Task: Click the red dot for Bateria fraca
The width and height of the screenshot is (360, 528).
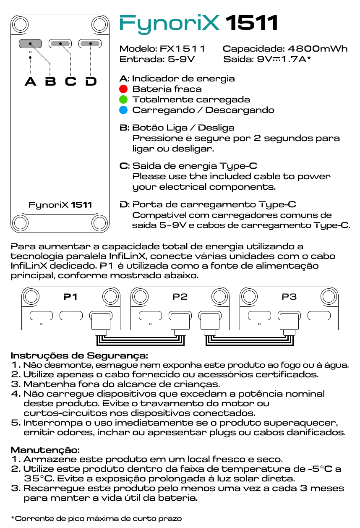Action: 123,89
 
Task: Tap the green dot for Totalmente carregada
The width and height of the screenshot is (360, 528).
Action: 123,99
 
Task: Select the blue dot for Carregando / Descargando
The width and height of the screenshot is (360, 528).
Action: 123,110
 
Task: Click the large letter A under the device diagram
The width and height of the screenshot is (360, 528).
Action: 30,81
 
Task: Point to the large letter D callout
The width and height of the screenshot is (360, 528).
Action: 91,81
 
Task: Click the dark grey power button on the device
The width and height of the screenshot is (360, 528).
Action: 30,43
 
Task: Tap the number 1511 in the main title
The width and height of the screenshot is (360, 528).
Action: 252,23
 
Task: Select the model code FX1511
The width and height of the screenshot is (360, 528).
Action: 183,49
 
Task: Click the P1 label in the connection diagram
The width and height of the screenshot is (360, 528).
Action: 70,297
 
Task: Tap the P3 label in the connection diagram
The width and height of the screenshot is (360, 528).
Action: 289,297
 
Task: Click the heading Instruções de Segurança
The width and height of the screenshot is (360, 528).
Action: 79,355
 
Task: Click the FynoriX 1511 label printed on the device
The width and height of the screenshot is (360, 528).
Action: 60,205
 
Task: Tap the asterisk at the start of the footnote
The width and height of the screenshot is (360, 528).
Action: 13,518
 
